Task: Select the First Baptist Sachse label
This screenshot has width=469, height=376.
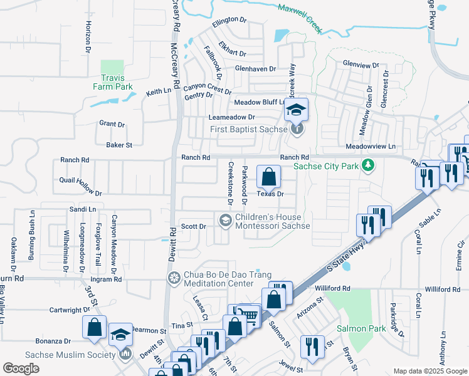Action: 249,130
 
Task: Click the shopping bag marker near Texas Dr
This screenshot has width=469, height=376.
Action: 268,177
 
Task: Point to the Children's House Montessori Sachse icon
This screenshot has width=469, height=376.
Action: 224,220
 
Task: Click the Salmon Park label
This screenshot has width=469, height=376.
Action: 361,328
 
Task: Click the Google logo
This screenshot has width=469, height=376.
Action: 21,368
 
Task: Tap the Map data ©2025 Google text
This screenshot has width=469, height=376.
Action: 430,371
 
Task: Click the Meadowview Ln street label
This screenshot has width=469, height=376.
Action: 375,146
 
